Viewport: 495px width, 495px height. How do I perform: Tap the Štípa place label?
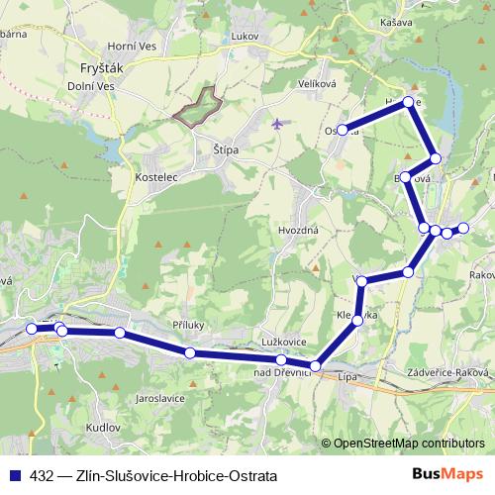click(x=228, y=149)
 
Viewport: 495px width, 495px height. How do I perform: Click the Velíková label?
click(x=318, y=84)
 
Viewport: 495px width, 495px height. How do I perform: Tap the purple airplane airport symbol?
click(x=276, y=125)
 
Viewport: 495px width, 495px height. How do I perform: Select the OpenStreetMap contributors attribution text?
click(x=409, y=443)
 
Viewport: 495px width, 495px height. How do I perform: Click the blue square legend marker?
click(x=17, y=474)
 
